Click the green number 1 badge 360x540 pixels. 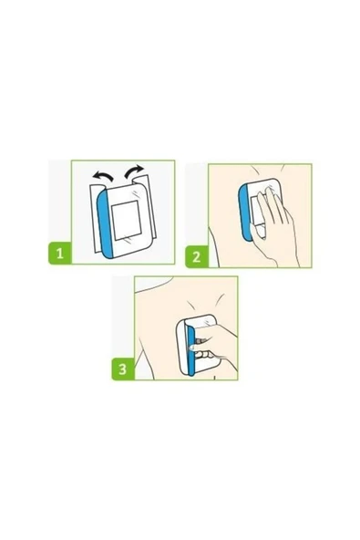click(60, 254)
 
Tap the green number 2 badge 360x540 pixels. click(197, 256)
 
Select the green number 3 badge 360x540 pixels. click(123, 369)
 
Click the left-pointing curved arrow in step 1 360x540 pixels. click(103, 176)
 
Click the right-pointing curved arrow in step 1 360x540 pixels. click(134, 171)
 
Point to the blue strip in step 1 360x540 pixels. click(105, 223)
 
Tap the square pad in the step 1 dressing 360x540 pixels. click(126, 221)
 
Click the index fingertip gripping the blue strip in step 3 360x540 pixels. click(193, 348)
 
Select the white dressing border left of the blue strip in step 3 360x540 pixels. click(181, 347)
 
